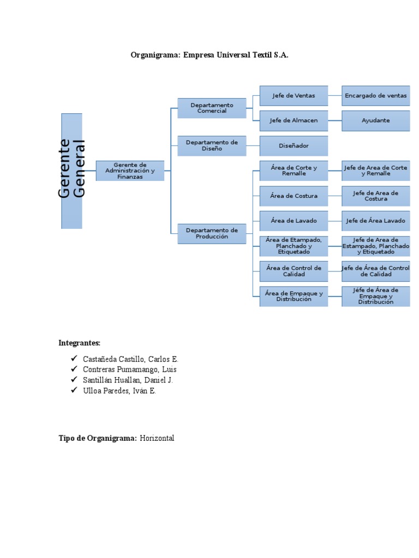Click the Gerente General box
pos(71,171)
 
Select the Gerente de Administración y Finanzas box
pos(130,171)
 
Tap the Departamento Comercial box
pos(212,108)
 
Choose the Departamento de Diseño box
pos(212,145)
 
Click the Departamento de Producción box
pos(212,233)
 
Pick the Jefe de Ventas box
pos(294,95)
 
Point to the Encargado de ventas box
pos(375,95)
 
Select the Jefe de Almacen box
pos(294,120)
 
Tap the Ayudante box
pos(375,120)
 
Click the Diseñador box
pos(294,145)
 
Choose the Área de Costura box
pos(294,196)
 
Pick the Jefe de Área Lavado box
pos(375,221)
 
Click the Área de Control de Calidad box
pos(294,271)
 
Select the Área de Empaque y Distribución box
pos(294,296)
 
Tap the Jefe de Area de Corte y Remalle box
pos(375,171)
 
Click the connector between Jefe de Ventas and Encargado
pos(335,95)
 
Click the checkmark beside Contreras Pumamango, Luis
pos(74,369)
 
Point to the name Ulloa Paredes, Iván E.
pos(119,391)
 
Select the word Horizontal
pos(157,438)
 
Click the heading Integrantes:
pos(80,343)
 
